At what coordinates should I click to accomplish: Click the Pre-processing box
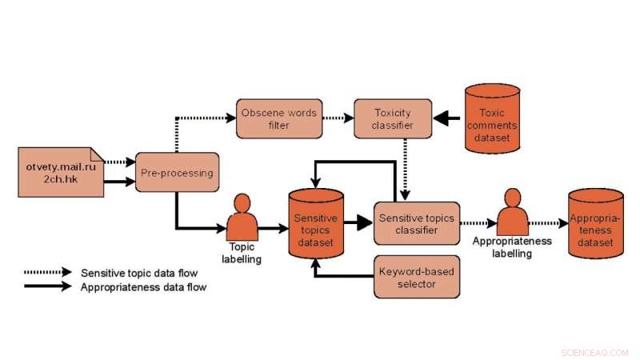coord(177,172)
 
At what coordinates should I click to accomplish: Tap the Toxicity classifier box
coord(393,118)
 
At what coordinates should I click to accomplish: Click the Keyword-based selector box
coord(416,277)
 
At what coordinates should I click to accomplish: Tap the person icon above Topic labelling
coord(242,216)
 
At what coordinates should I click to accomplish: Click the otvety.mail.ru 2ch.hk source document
coord(60,171)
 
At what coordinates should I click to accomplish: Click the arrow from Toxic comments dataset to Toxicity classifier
coord(449,119)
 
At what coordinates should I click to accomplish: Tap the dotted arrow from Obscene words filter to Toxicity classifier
coord(337,118)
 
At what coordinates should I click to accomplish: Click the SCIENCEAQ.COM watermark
coord(596,351)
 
